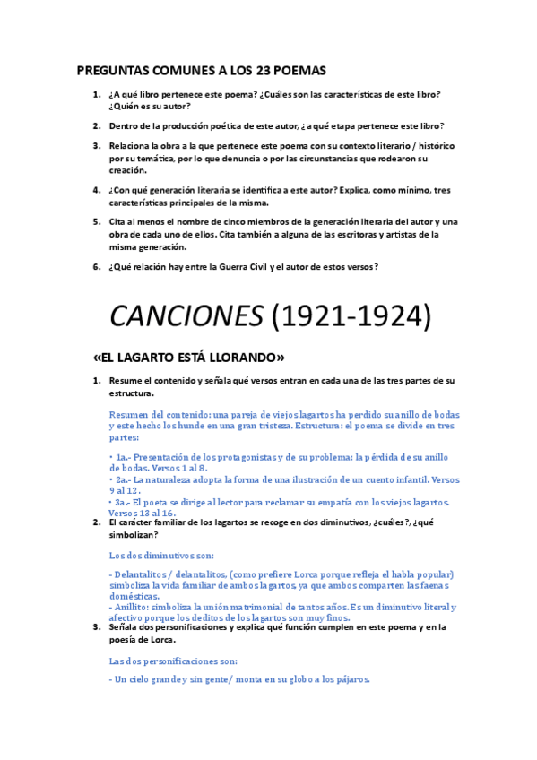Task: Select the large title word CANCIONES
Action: coord(182,315)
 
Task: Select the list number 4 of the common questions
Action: coord(96,190)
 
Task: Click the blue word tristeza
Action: coord(377,427)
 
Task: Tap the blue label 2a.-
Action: coord(123,480)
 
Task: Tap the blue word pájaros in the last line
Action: coord(349,679)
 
